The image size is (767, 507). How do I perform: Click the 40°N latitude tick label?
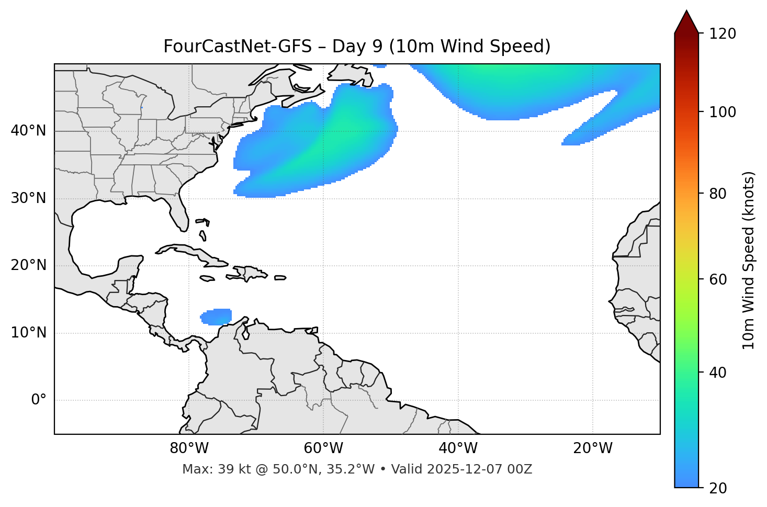[28, 131]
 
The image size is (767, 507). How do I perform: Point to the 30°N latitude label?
[28, 198]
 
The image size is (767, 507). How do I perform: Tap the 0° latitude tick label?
[38, 400]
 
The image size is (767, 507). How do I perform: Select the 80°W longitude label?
[189, 448]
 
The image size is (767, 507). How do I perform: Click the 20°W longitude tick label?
[593, 448]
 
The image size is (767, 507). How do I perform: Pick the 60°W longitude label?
[323, 448]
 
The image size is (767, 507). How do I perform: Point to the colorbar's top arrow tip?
[686, 11]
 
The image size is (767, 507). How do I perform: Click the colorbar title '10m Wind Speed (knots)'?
[749, 261]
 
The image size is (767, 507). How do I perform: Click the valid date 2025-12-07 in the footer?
[469, 469]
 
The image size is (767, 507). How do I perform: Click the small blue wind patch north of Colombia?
[217, 317]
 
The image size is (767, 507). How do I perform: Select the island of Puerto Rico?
[280, 278]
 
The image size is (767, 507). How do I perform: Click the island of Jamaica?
[207, 278]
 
